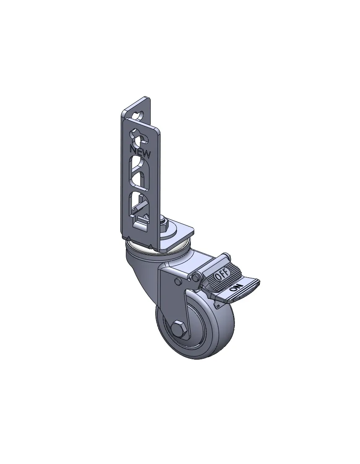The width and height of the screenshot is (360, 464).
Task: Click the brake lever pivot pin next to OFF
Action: pos(195,277)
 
